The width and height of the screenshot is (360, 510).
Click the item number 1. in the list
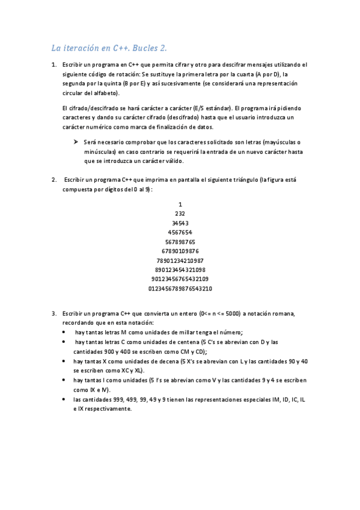(x=54, y=64)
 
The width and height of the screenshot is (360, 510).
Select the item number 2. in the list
(x=54, y=180)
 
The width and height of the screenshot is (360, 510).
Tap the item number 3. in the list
(x=54, y=313)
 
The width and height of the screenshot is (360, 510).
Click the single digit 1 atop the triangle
(x=180, y=204)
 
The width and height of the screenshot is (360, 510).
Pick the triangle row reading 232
(x=180, y=214)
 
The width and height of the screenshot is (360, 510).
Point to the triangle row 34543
(x=180, y=223)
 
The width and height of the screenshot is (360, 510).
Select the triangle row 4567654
(x=180, y=232)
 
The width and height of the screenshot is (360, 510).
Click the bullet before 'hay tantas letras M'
(x=65, y=333)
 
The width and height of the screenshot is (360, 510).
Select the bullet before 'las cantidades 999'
(x=65, y=399)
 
